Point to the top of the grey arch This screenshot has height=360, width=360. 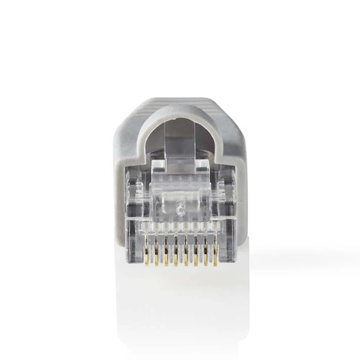[180, 105]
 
